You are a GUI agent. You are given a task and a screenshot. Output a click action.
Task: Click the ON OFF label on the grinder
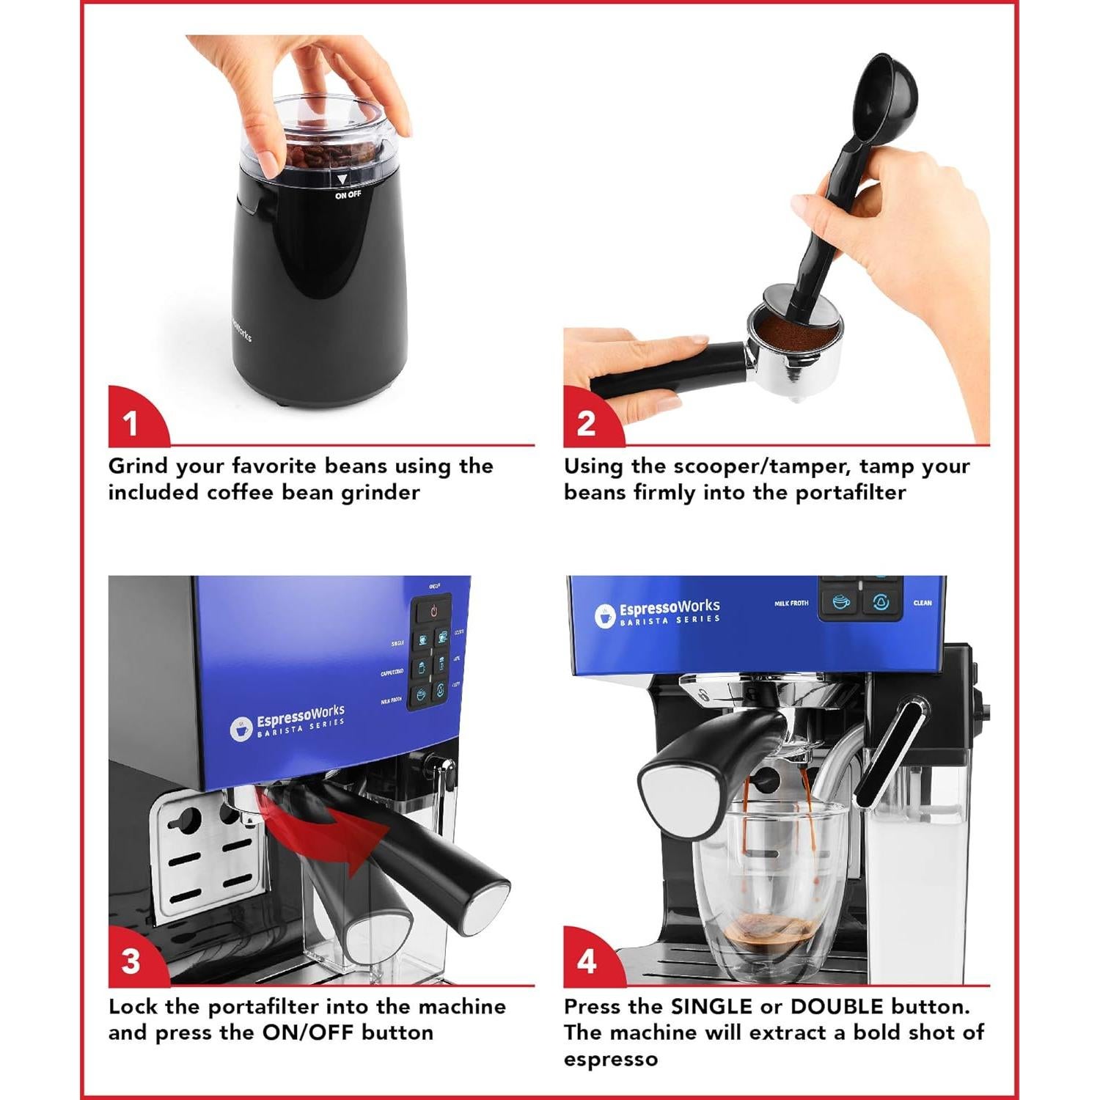pos(348,195)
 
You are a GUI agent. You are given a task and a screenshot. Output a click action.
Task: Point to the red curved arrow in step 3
pos(330,836)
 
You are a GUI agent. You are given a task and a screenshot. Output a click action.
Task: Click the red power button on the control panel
pos(433,610)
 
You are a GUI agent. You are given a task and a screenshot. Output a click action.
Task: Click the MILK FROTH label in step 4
pos(791,604)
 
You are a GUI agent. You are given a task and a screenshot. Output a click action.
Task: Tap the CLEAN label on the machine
pos(923,603)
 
